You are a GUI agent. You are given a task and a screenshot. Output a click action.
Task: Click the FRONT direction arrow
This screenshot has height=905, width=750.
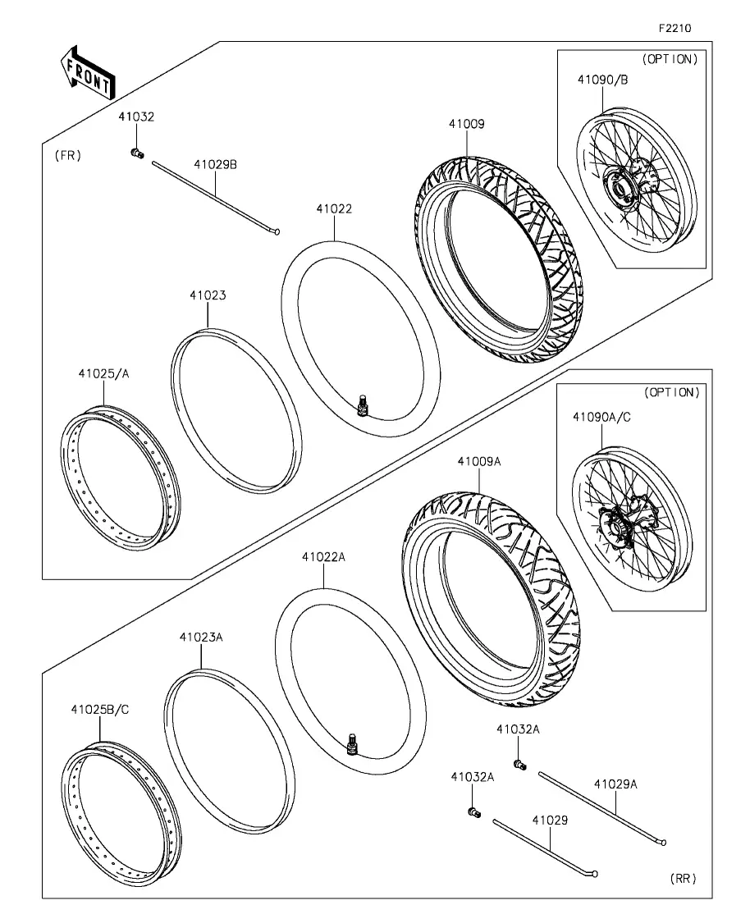[88, 72]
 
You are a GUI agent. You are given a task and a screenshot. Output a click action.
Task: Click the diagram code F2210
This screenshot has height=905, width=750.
[675, 28]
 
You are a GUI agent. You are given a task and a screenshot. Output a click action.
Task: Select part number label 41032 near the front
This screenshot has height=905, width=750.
[136, 117]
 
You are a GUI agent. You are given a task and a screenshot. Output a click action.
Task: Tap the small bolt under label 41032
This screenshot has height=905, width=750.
[137, 153]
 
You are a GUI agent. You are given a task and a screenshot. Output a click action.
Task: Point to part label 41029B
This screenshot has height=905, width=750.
[215, 164]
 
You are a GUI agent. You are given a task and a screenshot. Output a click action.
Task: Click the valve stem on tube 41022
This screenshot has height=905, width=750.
[364, 404]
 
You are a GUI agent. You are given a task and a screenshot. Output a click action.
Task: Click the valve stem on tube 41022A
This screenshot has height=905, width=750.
[352, 743]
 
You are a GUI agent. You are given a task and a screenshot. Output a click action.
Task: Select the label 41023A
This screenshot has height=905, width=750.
[201, 638]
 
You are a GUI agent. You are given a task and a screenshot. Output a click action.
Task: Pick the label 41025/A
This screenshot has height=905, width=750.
[104, 373]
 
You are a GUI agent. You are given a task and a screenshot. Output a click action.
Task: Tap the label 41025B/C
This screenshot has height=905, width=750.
[100, 710]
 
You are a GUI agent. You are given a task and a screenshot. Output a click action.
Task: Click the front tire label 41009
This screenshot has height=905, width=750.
[467, 124]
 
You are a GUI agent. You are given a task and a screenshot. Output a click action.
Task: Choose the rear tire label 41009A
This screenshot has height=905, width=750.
[479, 462]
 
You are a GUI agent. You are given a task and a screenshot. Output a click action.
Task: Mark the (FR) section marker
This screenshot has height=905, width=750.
[67, 155]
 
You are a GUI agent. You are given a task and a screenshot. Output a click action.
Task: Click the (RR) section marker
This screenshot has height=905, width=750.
[683, 878]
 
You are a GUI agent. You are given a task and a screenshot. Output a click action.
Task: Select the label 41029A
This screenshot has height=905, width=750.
[615, 784]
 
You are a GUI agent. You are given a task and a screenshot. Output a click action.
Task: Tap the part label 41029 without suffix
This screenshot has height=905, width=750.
[550, 820]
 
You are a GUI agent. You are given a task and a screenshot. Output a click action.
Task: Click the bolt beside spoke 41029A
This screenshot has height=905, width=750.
[520, 766]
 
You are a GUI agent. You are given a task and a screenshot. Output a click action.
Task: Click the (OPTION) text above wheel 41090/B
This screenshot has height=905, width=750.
[670, 59]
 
